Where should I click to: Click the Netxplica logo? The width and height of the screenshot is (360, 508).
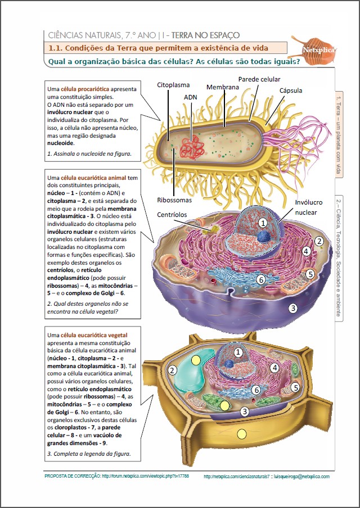coord(314,49)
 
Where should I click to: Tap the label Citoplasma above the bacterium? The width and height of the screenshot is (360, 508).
coord(173,85)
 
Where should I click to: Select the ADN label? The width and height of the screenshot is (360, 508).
coord(190,97)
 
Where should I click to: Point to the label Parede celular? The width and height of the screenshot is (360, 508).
coord(259,79)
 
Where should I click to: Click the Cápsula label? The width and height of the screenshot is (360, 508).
coord(291,90)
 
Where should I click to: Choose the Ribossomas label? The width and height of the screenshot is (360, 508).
coord(174,200)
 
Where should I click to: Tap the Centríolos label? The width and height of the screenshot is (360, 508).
coord(172,215)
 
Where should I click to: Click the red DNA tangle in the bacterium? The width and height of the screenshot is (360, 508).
coord(192,148)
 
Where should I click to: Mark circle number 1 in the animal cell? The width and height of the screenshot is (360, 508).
coord(263,223)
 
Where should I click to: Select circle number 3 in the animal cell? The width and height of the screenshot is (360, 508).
coord(293,308)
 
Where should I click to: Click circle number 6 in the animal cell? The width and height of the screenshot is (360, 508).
coord(261,279)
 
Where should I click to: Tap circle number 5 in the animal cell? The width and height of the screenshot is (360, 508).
coord(310,274)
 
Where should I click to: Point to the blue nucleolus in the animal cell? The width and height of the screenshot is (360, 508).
coord(264,237)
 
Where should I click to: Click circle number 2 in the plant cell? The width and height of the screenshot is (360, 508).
coord(173,370)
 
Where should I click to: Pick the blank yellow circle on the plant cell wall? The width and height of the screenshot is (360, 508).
coord(242,434)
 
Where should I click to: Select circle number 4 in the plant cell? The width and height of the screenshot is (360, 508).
coord(274,368)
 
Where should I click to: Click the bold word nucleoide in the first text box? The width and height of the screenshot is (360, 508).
coord(60,143)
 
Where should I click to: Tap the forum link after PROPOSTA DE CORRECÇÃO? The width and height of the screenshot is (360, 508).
coord(145,476)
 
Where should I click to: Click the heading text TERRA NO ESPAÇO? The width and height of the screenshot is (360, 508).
coord(205,35)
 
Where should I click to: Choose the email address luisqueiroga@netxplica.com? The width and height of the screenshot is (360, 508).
coord(301,477)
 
